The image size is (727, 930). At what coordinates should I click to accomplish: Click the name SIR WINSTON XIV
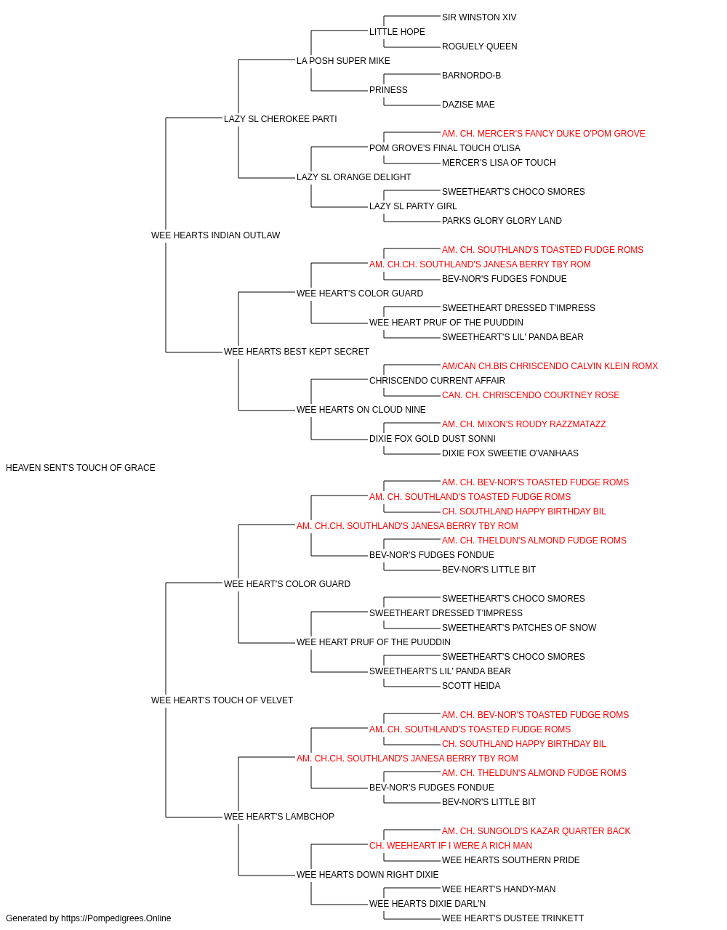point(478,17)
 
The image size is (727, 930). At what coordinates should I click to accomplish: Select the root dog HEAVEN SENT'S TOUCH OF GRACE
point(81,468)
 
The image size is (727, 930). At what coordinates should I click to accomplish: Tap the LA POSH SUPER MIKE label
point(343,61)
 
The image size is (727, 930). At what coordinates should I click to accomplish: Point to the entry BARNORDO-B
point(471,76)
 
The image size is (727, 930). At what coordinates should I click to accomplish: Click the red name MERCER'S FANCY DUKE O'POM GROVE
point(543,134)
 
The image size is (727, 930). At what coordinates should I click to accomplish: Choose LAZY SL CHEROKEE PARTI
point(280,119)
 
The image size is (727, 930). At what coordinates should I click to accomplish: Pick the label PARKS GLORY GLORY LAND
point(502,221)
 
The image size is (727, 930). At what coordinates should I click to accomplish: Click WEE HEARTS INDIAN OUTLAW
point(215,235)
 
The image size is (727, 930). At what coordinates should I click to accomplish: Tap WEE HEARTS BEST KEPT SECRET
point(297,352)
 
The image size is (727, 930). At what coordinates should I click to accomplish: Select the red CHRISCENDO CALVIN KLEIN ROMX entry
point(550,366)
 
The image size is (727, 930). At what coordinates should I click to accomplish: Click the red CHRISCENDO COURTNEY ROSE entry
point(531,395)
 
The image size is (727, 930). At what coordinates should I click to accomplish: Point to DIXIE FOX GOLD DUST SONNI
point(433,439)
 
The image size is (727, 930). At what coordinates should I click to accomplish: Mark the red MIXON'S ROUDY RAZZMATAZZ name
point(523,424)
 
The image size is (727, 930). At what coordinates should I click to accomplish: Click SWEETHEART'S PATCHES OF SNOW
point(519,628)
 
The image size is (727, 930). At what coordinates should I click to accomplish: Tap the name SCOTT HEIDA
point(471,686)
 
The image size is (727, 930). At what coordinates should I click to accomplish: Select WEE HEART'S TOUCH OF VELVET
point(222,700)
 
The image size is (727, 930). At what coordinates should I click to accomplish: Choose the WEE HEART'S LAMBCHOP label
point(278,817)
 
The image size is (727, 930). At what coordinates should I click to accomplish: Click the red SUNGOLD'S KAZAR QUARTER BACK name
point(536,831)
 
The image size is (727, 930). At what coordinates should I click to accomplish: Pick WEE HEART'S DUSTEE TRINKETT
point(513,918)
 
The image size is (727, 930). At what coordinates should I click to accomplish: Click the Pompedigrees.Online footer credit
point(88,918)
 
